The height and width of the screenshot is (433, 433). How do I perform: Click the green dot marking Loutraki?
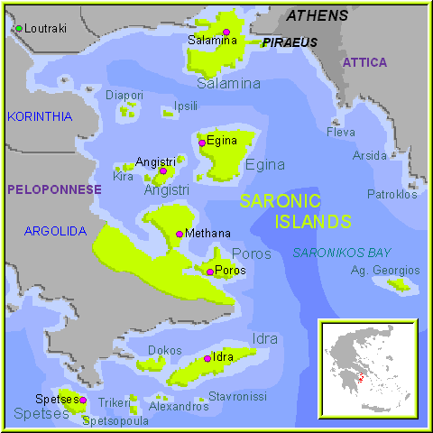[x=18, y=29]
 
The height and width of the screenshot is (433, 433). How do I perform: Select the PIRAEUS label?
[x=290, y=42]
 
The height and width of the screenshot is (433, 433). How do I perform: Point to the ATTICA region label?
[x=364, y=62]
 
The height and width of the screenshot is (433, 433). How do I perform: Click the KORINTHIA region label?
[x=39, y=116]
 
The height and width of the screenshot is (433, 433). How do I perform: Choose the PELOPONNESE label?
[x=54, y=189]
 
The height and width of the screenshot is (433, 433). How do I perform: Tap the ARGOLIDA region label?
[x=54, y=232]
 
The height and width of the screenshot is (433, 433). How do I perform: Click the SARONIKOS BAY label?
[x=342, y=253]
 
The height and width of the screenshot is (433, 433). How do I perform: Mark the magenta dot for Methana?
[x=180, y=234]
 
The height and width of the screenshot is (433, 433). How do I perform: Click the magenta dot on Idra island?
[x=207, y=358]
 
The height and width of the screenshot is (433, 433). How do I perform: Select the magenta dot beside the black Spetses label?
[x=83, y=400]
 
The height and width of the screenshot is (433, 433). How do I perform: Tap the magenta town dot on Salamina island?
[x=226, y=32]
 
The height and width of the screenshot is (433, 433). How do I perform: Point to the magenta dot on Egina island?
[x=201, y=143]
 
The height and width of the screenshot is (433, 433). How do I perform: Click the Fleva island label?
[x=341, y=132]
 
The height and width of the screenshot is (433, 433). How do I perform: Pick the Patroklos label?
[x=392, y=194]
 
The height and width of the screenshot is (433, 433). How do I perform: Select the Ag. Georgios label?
[x=385, y=271]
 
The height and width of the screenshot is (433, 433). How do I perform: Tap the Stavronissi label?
[x=237, y=396]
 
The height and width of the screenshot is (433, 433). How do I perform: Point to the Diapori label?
[x=124, y=95]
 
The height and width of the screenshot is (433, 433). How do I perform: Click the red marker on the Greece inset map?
[x=360, y=379]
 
